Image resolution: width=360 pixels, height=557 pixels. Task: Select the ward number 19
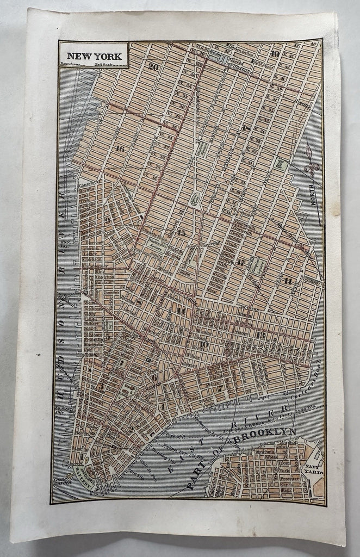point(275,53)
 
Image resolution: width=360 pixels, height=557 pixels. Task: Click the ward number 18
point(246,128)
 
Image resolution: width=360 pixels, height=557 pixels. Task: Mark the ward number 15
point(181,233)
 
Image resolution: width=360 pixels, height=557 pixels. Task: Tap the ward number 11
point(288,280)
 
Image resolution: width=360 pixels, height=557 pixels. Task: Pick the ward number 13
point(261,335)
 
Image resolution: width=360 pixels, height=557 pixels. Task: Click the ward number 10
point(203,344)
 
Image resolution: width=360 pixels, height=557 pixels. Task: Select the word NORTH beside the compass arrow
point(312,194)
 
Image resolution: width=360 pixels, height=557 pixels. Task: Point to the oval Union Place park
point(194,201)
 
